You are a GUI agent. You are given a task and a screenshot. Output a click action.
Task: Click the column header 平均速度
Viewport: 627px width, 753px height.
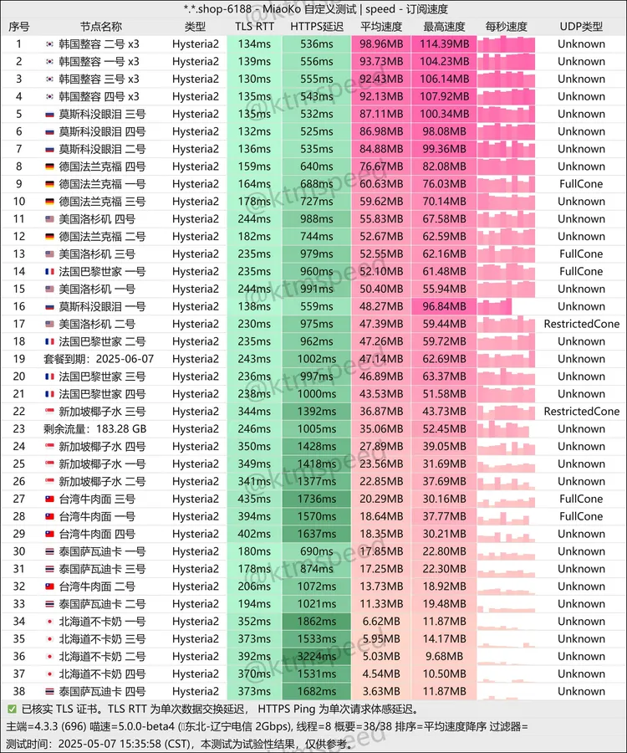[x=380, y=27]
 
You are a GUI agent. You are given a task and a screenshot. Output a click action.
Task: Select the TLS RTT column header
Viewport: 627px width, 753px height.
[x=253, y=27]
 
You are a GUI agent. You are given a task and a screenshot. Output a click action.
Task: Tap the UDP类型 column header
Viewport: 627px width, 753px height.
[x=581, y=27]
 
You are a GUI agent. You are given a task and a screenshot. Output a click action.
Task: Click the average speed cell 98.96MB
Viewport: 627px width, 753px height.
[x=381, y=44]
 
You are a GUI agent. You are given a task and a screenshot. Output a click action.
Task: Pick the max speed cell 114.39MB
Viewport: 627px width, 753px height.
[x=444, y=44]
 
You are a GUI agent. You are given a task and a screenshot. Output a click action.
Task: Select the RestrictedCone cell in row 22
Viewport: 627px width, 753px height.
[x=581, y=411]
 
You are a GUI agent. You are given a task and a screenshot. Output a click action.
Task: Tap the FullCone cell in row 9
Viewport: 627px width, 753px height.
[x=581, y=184]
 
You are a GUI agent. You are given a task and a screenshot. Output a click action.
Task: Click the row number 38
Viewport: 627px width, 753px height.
[x=18, y=691]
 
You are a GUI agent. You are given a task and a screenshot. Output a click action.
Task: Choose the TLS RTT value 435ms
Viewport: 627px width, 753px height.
[x=253, y=499]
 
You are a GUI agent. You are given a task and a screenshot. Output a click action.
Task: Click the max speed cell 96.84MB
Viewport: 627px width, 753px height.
[x=444, y=306]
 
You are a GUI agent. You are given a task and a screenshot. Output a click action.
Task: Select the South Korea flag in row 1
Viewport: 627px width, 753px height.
[x=49, y=44]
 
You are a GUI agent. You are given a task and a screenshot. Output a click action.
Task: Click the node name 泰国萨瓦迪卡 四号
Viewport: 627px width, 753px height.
[x=102, y=691]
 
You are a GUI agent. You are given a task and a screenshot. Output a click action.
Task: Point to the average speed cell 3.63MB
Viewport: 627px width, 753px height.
[x=381, y=691]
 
